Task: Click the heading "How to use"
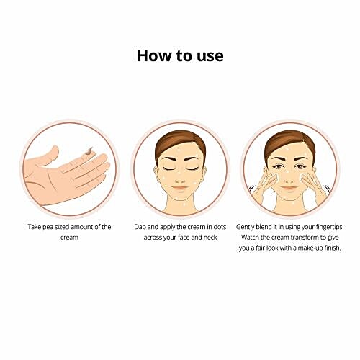point(180,55)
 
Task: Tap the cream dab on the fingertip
point(89,150)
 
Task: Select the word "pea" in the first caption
point(48,228)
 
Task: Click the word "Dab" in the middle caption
point(140,227)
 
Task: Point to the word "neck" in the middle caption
point(210,238)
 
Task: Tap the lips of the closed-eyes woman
point(180,188)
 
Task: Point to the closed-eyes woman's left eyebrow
point(192,158)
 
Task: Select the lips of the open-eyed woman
point(289,188)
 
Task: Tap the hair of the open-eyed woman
point(289,141)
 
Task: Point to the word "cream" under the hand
point(69,238)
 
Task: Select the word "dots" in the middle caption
point(220,227)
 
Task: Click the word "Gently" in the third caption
point(245,227)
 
